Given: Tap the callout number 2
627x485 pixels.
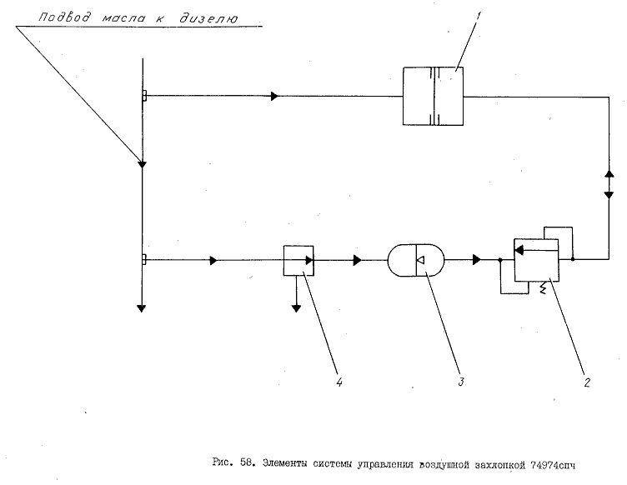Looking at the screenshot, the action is (x=587, y=382).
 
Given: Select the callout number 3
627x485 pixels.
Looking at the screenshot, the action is (x=461, y=381).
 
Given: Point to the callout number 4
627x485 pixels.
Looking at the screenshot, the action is (x=339, y=382).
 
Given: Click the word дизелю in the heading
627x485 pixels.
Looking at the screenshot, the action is (x=208, y=18).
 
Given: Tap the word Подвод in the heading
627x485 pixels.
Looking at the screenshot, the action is (x=64, y=17).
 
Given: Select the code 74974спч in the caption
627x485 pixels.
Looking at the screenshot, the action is (x=553, y=465).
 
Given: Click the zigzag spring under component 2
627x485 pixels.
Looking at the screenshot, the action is (x=543, y=288).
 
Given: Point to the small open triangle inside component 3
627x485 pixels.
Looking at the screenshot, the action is (x=420, y=261).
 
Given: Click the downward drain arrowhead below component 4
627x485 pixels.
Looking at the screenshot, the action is (x=296, y=308).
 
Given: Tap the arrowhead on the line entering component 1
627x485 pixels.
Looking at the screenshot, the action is (x=274, y=96).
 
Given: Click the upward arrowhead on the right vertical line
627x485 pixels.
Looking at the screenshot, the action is (x=609, y=174).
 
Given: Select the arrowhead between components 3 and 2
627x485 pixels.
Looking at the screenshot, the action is (x=477, y=260).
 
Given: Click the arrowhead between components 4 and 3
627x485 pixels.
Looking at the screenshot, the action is (x=358, y=261).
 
